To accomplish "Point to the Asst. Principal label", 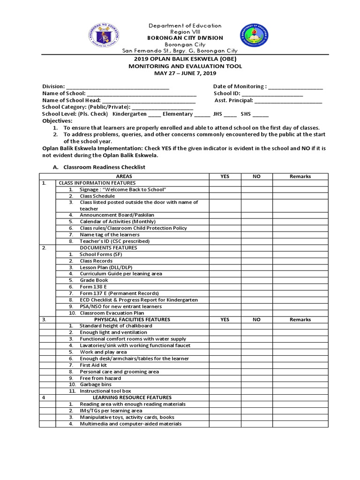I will (233, 100).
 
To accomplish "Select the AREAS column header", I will (124, 176).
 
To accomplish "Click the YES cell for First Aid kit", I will (225, 365).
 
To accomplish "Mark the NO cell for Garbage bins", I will (256, 384).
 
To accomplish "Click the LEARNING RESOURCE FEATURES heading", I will (132, 397).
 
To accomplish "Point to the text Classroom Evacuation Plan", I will (112, 313).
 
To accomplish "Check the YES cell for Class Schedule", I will (225, 196).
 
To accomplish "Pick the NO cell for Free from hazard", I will (256, 378).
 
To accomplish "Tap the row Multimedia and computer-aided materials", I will (130, 424).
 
